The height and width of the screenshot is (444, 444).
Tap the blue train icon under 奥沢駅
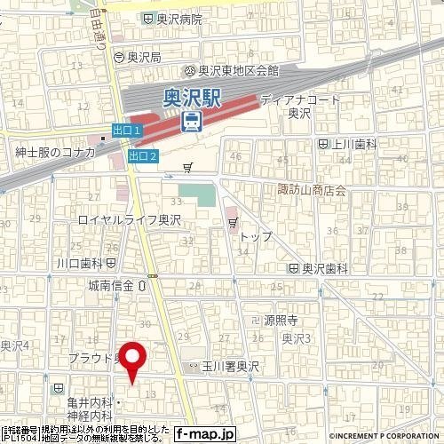point(191,120)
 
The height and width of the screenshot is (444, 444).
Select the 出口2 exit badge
point(142,156)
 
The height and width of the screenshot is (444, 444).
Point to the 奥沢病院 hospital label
point(178,19)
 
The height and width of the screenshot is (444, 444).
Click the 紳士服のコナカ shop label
point(55,152)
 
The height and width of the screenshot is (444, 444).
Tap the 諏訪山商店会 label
point(310,190)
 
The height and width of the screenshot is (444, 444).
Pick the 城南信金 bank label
point(111,285)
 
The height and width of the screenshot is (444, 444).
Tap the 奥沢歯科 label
point(322,268)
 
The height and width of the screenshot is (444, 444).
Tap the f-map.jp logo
point(205,434)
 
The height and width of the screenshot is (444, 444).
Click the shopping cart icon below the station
point(187,166)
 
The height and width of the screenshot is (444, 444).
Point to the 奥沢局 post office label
point(142,57)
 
